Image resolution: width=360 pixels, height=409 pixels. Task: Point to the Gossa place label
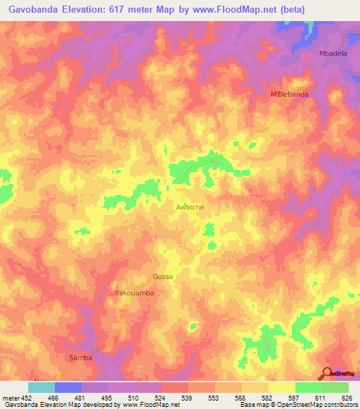tap(162, 277)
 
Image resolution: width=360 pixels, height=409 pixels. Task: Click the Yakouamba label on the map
tap(134, 292)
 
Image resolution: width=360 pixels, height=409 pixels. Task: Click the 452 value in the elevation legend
tap(28, 397)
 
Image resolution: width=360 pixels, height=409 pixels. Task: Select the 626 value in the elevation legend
tap(345, 397)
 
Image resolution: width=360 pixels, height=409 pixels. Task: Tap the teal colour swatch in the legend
tap(41, 387)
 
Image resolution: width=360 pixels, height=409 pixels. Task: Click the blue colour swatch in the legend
tap(68, 387)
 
